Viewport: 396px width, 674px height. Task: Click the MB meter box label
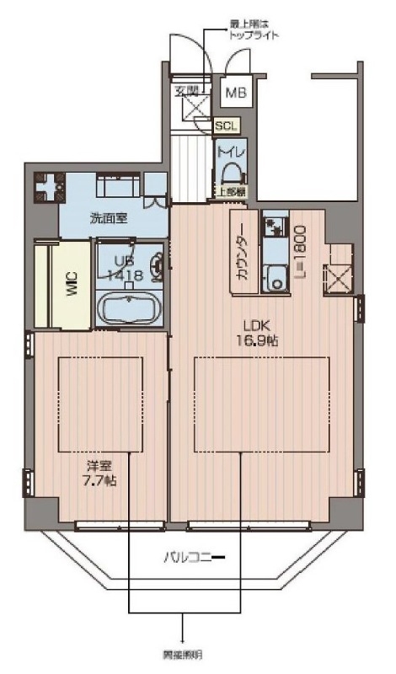pos(235,93)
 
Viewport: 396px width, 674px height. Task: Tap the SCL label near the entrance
pos(226,126)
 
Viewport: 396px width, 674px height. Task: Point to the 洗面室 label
pos(110,217)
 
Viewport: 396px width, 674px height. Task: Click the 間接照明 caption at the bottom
pos(182,655)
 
